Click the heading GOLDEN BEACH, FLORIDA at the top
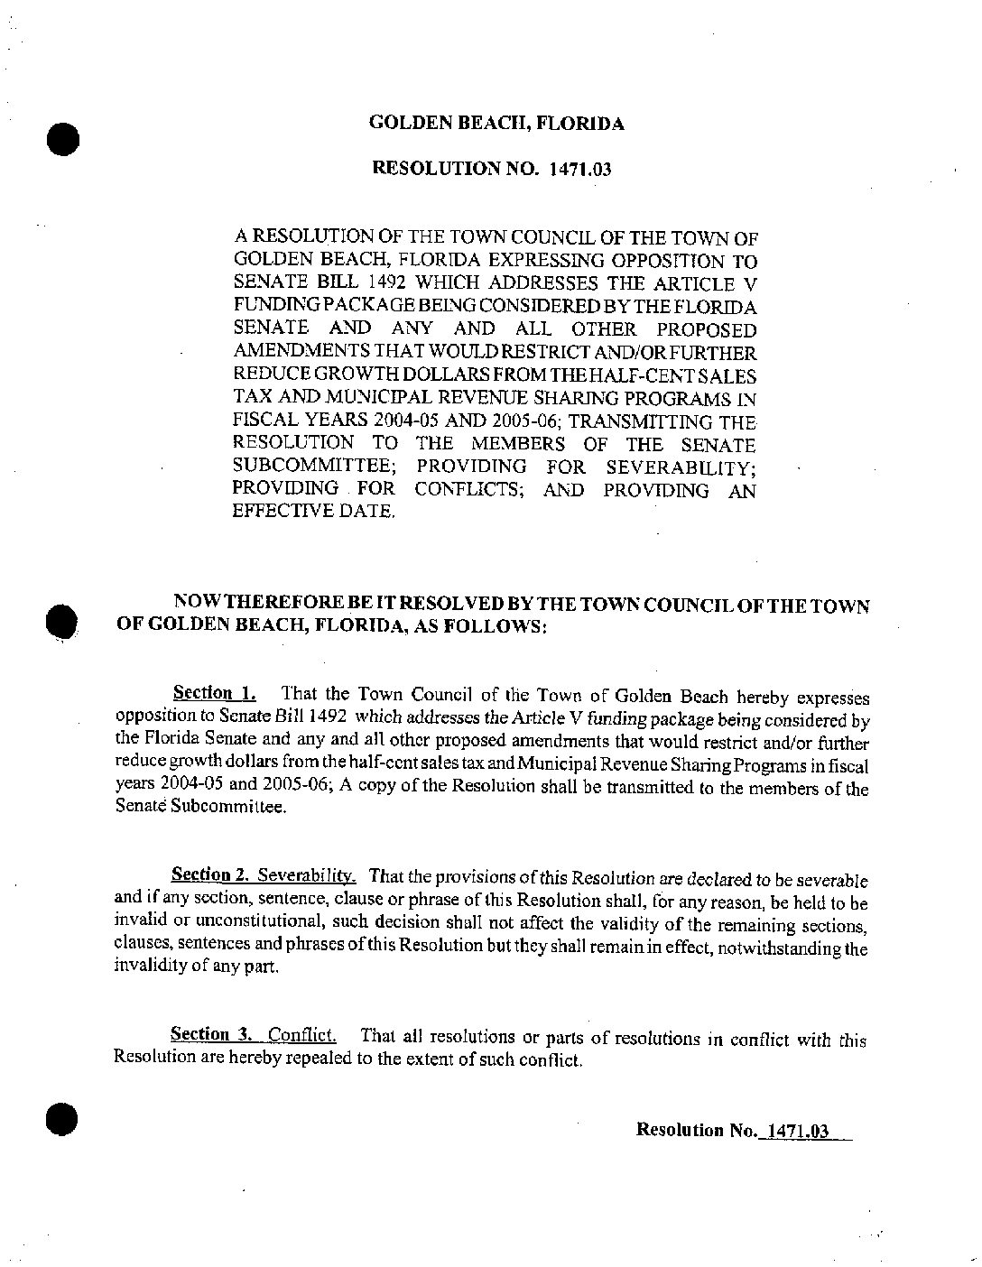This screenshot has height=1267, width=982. coord(496,125)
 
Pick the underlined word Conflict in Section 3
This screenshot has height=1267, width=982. coord(302,1035)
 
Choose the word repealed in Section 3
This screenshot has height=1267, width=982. coord(320,1059)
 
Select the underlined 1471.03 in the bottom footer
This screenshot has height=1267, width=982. coord(795,1130)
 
